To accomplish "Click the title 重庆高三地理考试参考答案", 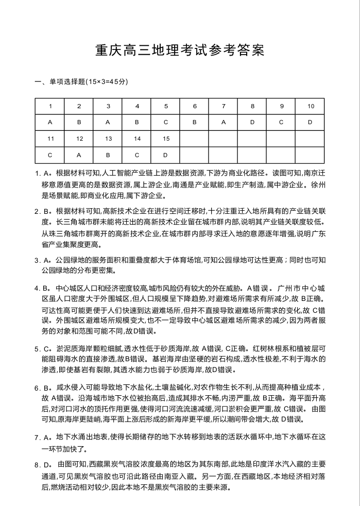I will click(180, 50).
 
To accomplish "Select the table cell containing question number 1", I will click(50, 106).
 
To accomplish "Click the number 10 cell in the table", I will click(311, 106).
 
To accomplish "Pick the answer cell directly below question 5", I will click(166, 123).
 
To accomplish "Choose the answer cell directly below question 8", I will click(252, 123).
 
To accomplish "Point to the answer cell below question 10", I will click(311, 123).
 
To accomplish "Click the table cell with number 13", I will click(108, 139).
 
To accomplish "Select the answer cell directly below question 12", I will click(79, 155).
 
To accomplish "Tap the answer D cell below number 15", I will click(166, 155).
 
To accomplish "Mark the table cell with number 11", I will click(50, 139).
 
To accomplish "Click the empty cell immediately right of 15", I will click(195, 139).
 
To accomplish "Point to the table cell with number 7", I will click(224, 106).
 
